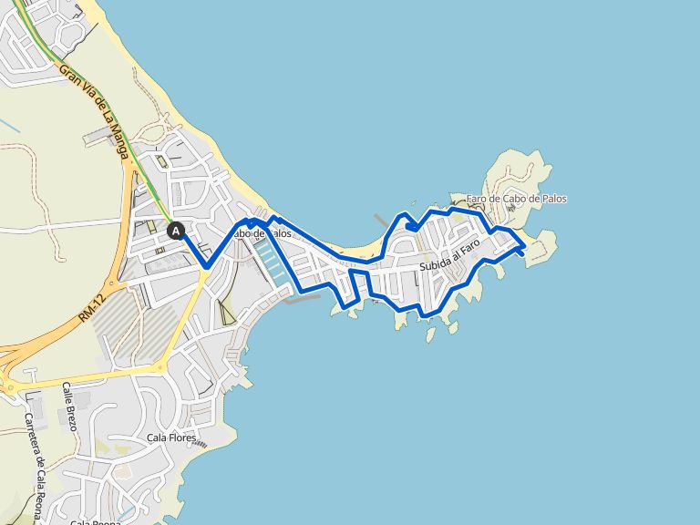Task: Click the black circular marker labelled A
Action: (176, 231)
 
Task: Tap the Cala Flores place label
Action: (171, 438)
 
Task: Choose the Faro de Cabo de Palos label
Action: (516, 199)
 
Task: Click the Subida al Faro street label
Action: (449, 263)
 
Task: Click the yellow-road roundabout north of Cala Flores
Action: (160, 367)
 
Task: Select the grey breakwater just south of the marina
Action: (301, 298)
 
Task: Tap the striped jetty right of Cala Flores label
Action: (208, 445)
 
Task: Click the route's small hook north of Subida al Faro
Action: (411, 226)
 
